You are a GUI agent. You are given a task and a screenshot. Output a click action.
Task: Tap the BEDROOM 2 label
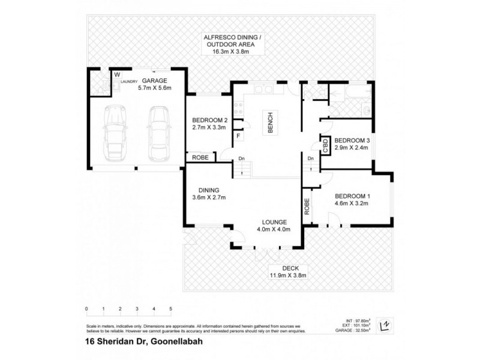click(205, 119)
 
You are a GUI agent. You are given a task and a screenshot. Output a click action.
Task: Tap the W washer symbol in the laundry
click(100, 75)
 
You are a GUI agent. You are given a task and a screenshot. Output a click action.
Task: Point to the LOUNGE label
click(274, 221)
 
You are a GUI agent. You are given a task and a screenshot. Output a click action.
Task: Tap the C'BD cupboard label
click(326, 145)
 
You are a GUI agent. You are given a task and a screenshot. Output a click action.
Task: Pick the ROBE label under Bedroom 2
click(200, 158)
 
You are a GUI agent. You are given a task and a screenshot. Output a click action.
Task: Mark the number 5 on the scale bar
click(171, 309)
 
